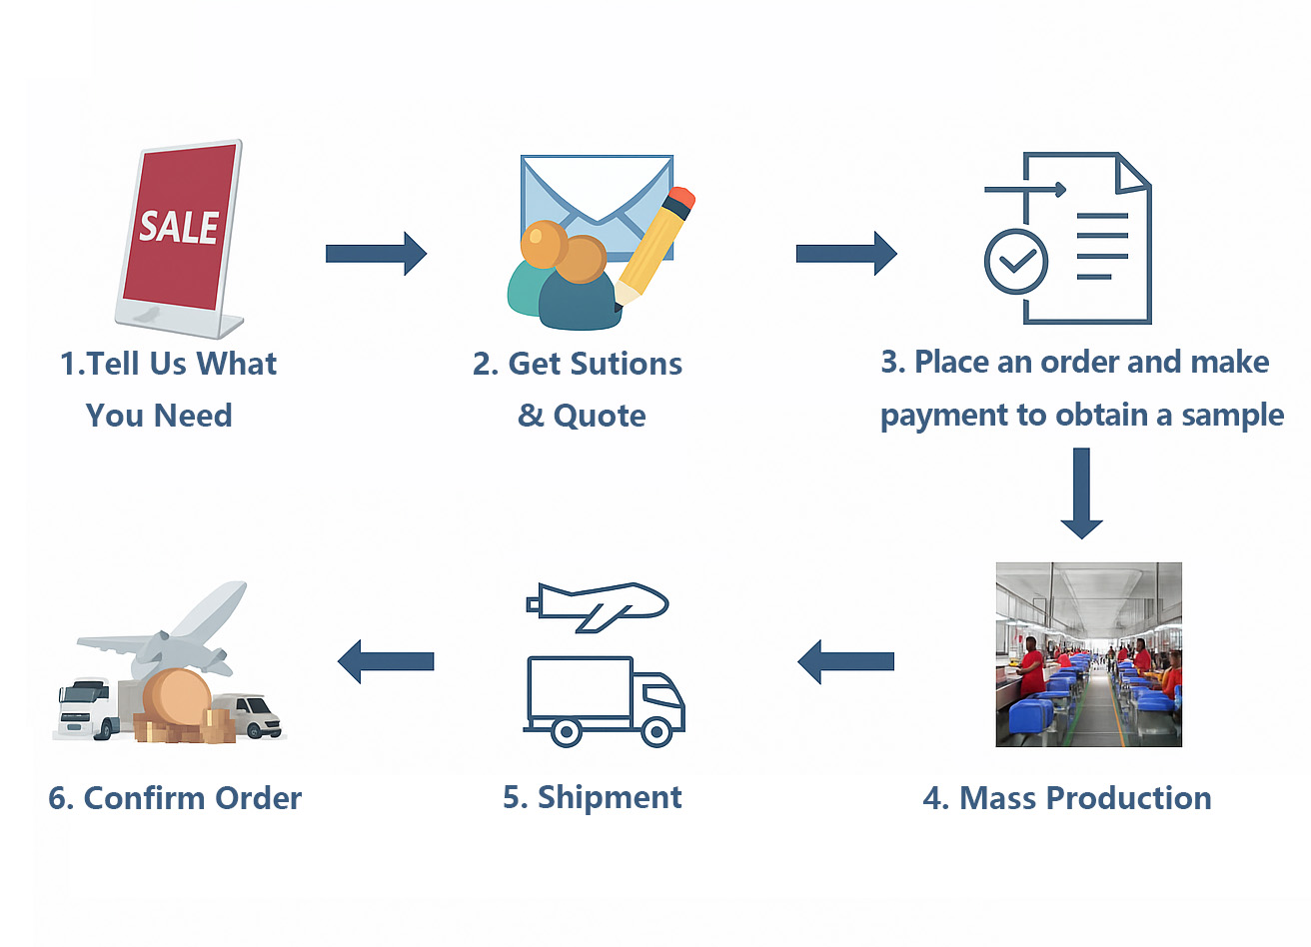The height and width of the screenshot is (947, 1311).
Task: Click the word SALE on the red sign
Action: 179,227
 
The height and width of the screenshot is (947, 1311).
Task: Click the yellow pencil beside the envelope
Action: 655,245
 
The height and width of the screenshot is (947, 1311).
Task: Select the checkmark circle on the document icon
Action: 1015,261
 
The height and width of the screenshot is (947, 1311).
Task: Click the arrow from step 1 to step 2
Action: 376,254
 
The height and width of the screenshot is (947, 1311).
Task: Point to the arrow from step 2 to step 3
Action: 845,254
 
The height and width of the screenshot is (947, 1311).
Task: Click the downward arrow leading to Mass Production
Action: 1081,492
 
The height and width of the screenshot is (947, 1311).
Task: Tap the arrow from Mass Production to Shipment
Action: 845,661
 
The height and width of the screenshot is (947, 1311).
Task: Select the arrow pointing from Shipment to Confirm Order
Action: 386,661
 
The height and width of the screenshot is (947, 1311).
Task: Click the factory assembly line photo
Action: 1088,654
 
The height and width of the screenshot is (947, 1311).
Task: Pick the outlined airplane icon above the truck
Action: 598,604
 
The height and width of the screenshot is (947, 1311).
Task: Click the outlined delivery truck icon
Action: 605,701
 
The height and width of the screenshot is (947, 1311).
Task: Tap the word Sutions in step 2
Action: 632,364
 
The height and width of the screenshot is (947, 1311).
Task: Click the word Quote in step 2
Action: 600,416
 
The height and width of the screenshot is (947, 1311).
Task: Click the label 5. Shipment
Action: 593,797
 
